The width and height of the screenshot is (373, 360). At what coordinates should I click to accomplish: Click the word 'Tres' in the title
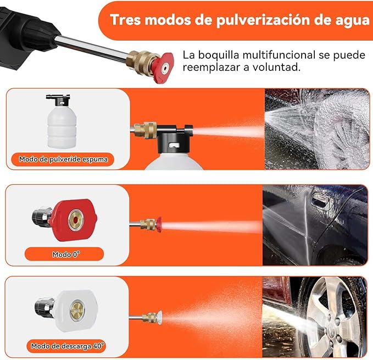125,19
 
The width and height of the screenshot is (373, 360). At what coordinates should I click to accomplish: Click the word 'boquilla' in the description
219,55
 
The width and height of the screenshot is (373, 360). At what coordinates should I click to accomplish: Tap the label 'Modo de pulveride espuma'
63,159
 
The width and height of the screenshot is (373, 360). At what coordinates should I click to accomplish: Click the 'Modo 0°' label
66,254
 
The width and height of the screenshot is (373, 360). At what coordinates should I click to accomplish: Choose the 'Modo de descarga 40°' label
68,346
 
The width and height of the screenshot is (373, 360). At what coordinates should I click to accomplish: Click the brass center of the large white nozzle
77,309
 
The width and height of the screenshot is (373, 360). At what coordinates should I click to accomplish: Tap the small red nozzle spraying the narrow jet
158,224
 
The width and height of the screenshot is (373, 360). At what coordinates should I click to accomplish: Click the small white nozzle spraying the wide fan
159,318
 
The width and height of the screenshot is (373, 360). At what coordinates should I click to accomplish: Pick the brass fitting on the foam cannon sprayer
146,130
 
